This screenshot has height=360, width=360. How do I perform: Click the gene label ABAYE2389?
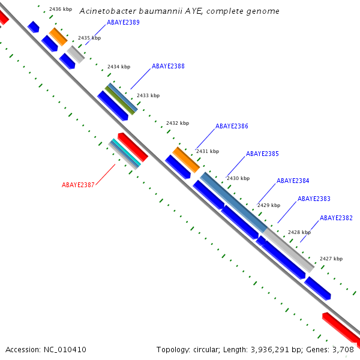pyautogui.click(x=123, y=22)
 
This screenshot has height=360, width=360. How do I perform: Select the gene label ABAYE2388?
pyautogui.click(x=168, y=67)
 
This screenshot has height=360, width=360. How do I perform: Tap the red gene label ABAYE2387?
pyautogui.click(x=78, y=185)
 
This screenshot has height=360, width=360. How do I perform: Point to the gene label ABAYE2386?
pyautogui.click(x=232, y=127)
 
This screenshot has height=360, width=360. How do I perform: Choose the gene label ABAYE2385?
pyautogui.click(x=262, y=154)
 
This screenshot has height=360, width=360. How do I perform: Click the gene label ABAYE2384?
pyautogui.click(x=293, y=181)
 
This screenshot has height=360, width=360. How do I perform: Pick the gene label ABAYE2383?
pyautogui.click(x=314, y=199)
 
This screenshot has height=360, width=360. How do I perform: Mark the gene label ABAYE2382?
pyautogui.click(x=336, y=218)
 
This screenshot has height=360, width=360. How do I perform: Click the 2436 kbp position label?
pyautogui.click(x=60, y=10)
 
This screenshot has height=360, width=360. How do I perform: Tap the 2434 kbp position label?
pyautogui.click(x=119, y=67)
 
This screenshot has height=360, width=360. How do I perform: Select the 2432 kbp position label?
pyautogui.click(x=178, y=123)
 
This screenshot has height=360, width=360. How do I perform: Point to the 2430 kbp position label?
pyautogui.click(x=238, y=178)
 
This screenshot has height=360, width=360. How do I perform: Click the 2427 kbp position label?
pyautogui.click(x=331, y=259)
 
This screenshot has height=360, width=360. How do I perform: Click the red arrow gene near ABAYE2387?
pyautogui.click(x=133, y=147)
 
